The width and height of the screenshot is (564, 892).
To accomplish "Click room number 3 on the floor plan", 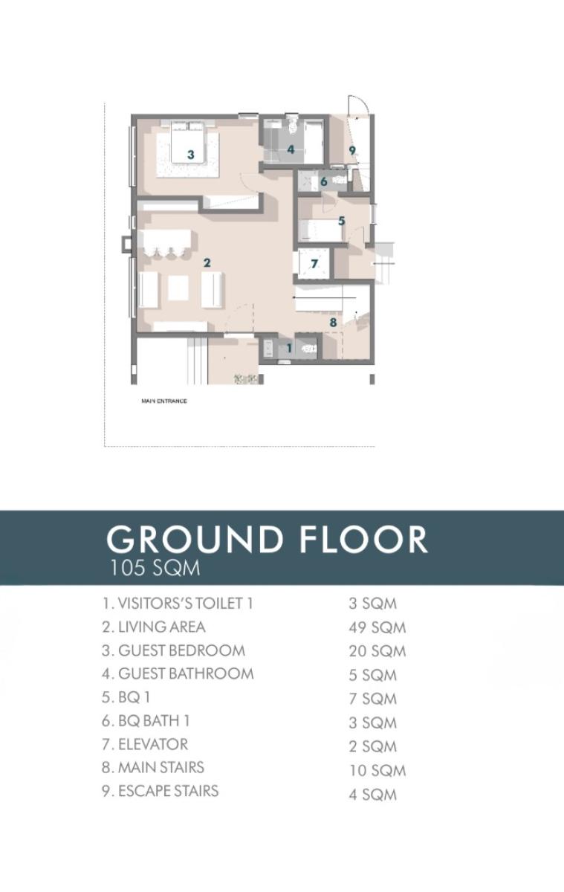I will tap(191, 155).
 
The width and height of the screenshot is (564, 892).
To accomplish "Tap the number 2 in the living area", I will tap(207, 262).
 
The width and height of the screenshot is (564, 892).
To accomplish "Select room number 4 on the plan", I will tap(291, 149).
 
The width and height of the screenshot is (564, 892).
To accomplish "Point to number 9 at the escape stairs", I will tap(352, 150).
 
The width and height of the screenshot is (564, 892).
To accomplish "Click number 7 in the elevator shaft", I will tap(314, 263).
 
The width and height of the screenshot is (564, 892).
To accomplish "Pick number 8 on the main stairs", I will tap(333, 323).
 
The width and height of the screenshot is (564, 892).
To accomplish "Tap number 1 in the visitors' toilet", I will tap(289, 348).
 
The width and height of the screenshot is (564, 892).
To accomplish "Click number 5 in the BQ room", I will tap(341, 221).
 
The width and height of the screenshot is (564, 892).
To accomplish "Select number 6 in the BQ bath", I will tap(323, 181).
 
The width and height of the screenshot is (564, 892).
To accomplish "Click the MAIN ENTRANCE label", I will tap(163, 401).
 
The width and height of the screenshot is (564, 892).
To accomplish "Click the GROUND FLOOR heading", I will tap(268, 539).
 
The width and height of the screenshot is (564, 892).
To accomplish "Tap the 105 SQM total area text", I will tap(155, 569).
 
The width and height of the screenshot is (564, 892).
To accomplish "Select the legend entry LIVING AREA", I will tap(154, 627).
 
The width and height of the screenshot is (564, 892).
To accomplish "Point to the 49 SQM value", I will tap(377, 627).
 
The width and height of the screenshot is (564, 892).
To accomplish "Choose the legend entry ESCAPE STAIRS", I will tap(161, 790).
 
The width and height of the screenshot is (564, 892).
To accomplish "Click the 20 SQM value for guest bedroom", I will tap(377, 651).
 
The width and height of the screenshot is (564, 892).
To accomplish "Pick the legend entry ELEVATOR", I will tap(145, 743).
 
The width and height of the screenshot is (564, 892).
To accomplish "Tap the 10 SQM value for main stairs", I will tap(377, 771).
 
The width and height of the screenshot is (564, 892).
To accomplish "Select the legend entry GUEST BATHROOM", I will tap(178, 673).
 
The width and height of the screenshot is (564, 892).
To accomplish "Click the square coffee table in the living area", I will tap(179, 287).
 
